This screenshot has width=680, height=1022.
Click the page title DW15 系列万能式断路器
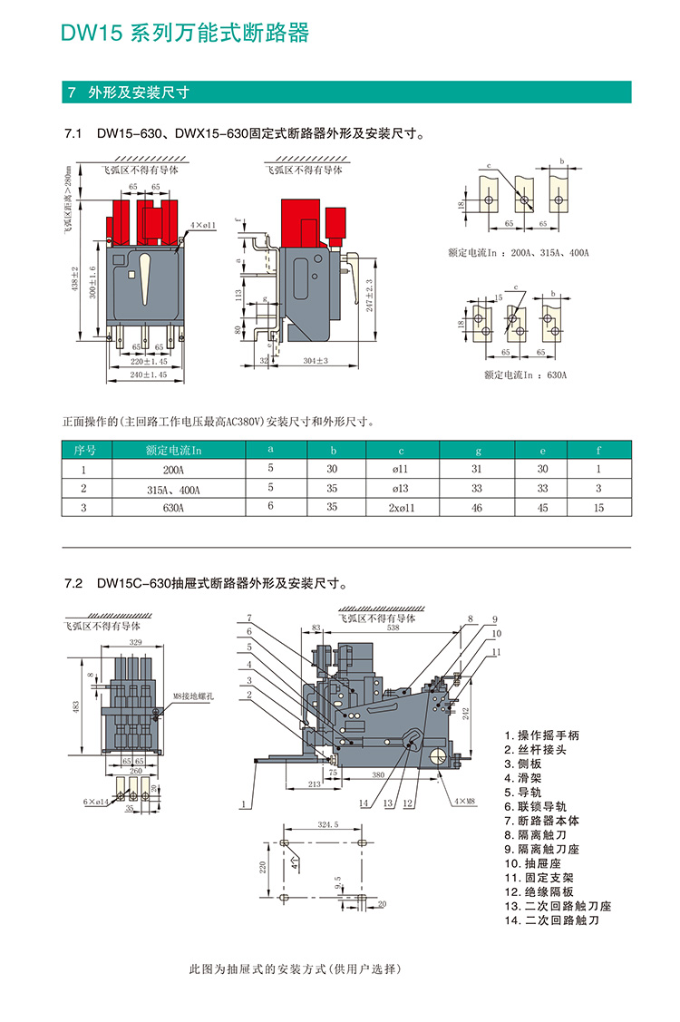coord(185,34)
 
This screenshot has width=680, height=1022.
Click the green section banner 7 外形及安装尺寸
coord(137,92)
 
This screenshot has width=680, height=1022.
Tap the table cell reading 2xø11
coord(401,508)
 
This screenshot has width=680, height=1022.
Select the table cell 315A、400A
coord(173,490)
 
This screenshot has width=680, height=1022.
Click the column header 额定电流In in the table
coord(173,449)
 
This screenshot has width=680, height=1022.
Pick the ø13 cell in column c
coord(401,490)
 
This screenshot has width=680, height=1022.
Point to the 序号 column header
coord(84,449)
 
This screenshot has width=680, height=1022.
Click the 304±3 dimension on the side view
coord(315,361)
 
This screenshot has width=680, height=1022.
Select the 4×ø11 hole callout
coord(203,224)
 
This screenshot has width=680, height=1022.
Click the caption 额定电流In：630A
coord(525,375)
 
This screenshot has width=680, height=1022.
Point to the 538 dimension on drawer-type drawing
coord(393,628)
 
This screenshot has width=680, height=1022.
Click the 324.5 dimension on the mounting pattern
coord(327,825)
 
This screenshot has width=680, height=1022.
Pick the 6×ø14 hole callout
coord(95,802)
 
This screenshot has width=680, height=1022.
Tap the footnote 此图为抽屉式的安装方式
coord(292,968)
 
